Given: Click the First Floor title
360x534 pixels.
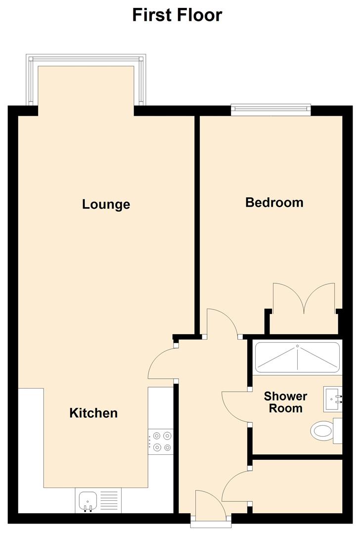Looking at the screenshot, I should (177, 15).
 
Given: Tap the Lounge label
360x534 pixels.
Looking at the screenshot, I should (106, 204).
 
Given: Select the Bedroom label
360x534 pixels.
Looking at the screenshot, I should (274, 202).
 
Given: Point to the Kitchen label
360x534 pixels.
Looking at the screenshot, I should (93, 413).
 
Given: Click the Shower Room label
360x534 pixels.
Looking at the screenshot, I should (285, 402).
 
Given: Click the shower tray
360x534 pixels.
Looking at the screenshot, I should (297, 357).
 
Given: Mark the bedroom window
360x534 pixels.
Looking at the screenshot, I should (270, 110).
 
